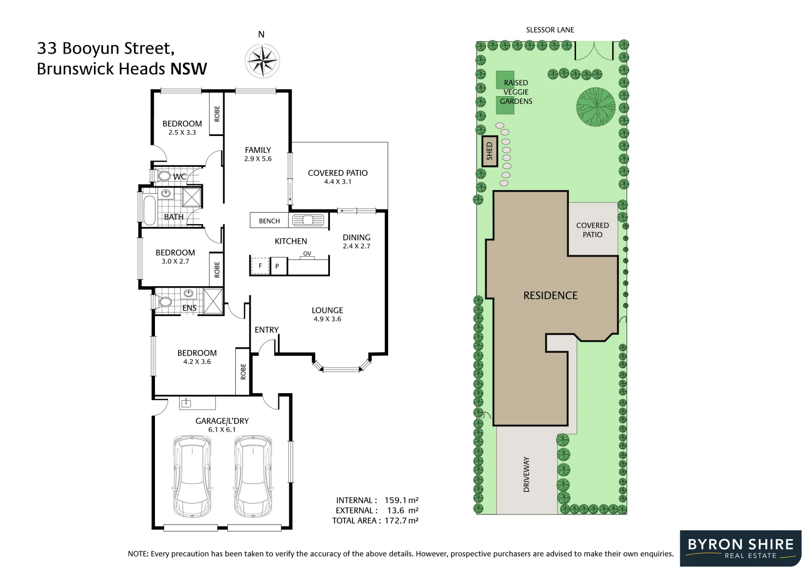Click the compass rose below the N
(x=262, y=60)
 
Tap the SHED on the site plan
(x=489, y=151)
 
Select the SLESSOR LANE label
(x=550, y=30)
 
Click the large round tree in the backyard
(x=596, y=107)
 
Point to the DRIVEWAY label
(x=526, y=474)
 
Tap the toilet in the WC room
(x=163, y=175)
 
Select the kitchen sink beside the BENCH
(x=308, y=220)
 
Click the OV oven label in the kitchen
(x=307, y=254)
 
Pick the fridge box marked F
(x=259, y=266)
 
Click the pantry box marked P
(x=277, y=266)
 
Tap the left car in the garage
(x=192, y=475)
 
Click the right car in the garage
(x=253, y=475)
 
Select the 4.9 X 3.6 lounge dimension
(x=327, y=319)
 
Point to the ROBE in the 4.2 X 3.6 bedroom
(x=243, y=372)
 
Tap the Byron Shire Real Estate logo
(x=740, y=548)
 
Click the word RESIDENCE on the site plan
(x=550, y=296)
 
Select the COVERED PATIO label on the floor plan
(x=338, y=173)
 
